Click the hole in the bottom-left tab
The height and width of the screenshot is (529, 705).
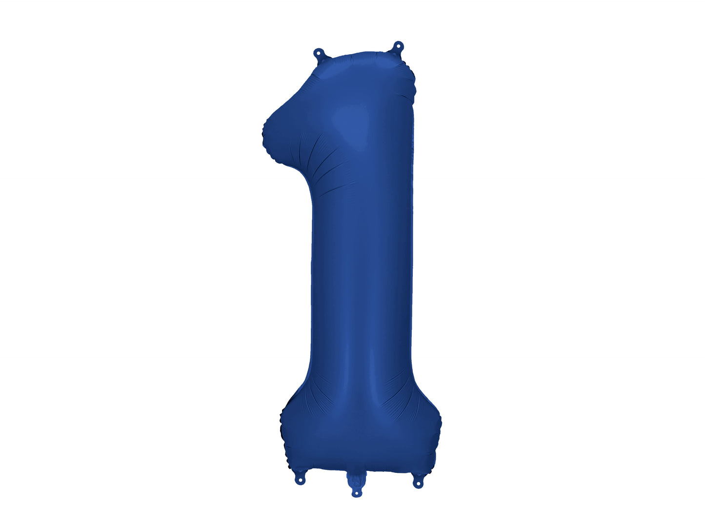pyautogui.click(x=301, y=482)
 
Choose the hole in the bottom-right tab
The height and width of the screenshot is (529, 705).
pyautogui.click(x=418, y=485)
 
